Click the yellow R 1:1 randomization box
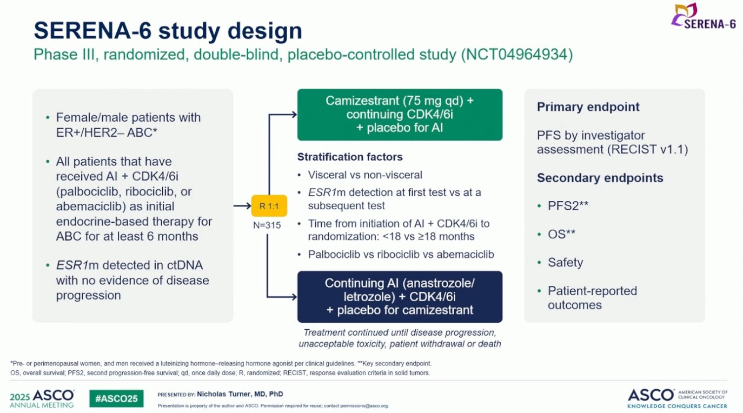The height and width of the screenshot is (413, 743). click(x=269, y=206)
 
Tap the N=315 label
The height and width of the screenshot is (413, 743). click(x=267, y=225)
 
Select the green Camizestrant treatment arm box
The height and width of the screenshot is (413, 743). click(x=400, y=115)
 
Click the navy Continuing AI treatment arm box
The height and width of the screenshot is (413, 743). click(x=400, y=297)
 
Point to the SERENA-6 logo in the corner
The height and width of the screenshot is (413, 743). click(x=703, y=16)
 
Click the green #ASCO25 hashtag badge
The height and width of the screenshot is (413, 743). click(x=116, y=398)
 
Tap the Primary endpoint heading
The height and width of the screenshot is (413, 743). click(x=588, y=106)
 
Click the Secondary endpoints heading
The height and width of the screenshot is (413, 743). click(x=600, y=178)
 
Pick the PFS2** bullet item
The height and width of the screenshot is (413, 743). click(x=568, y=206)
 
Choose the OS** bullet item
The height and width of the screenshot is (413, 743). click(x=561, y=235)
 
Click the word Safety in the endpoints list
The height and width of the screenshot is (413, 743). click(x=565, y=263)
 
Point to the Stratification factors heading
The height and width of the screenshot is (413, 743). click(x=350, y=157)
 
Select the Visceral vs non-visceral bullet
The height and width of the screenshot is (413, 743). click(x=365, y=175)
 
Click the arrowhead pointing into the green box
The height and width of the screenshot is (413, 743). click(x=294, y=115)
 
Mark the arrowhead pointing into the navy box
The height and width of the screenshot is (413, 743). click(x=294, y=297)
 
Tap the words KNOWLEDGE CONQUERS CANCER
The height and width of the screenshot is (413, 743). click(x=677, y=406)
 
